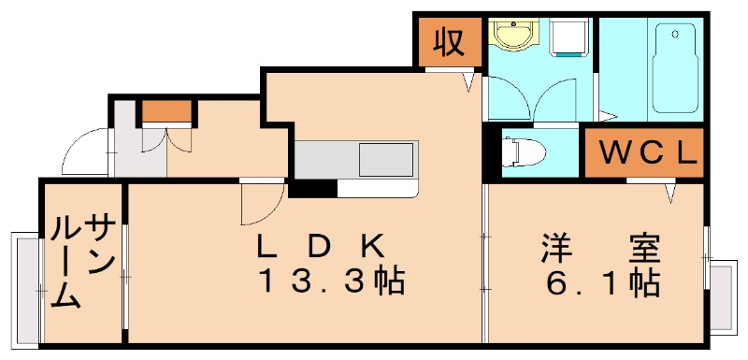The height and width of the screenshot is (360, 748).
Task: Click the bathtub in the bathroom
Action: (x=676, y=67)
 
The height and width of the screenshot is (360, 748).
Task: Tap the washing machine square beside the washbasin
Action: (x=567, y=39)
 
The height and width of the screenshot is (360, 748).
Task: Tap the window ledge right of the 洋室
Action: (x=723, y=295)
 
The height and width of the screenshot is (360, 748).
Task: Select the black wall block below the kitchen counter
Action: (x=311, y=189)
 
